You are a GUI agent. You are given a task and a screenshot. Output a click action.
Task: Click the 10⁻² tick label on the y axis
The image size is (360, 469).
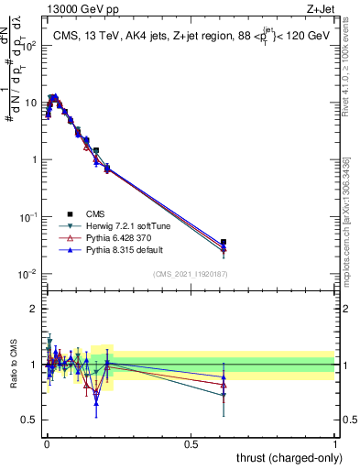(x=30, y=275)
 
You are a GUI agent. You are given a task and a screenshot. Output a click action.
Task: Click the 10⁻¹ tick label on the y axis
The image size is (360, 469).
(x=30, y=217)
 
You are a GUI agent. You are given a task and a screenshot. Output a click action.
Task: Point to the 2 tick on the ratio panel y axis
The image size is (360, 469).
(x=35, y=309)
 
